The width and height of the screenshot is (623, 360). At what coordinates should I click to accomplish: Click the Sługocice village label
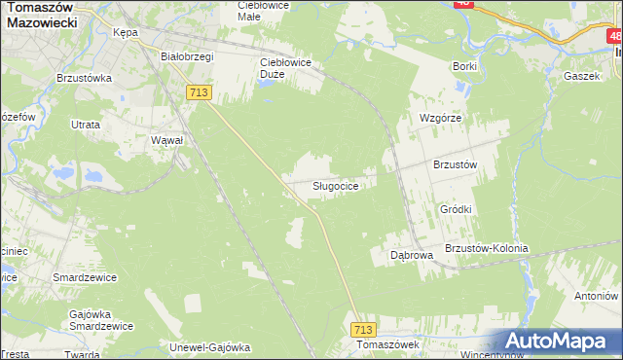coord(340,185)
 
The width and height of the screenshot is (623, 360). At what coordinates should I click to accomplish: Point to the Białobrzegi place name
coord(187,56)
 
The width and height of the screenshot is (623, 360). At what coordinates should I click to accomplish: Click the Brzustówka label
coord(87,78)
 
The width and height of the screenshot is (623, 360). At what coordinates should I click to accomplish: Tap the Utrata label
coord(87,126)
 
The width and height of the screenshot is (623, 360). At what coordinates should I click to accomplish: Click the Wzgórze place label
coord(439,117)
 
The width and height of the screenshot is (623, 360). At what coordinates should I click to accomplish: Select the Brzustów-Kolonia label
coord(486,248)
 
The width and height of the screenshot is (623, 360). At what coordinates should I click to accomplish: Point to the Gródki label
coord(456,209)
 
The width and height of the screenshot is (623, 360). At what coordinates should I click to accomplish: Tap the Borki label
coord(464,66)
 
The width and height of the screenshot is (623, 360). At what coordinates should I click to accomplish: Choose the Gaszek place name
coord(580,75)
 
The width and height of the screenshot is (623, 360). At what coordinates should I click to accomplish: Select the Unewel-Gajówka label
coord(210,346)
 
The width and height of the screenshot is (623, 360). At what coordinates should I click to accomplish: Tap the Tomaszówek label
coord(387,345)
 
